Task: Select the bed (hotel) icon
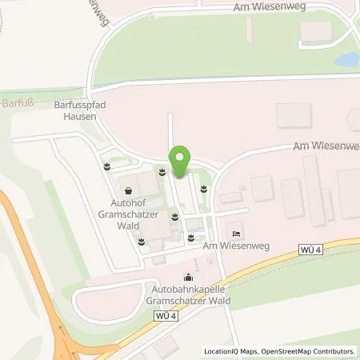click(x=234, y=233)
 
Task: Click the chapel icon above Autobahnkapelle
click(x=188, y=277)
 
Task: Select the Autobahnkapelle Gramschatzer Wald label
click(x=187, y=295)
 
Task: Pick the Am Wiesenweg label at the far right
click(x=320, y=146)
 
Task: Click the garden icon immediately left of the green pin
click(x=160, y=171)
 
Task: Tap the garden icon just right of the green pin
click(x=205, y=189)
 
